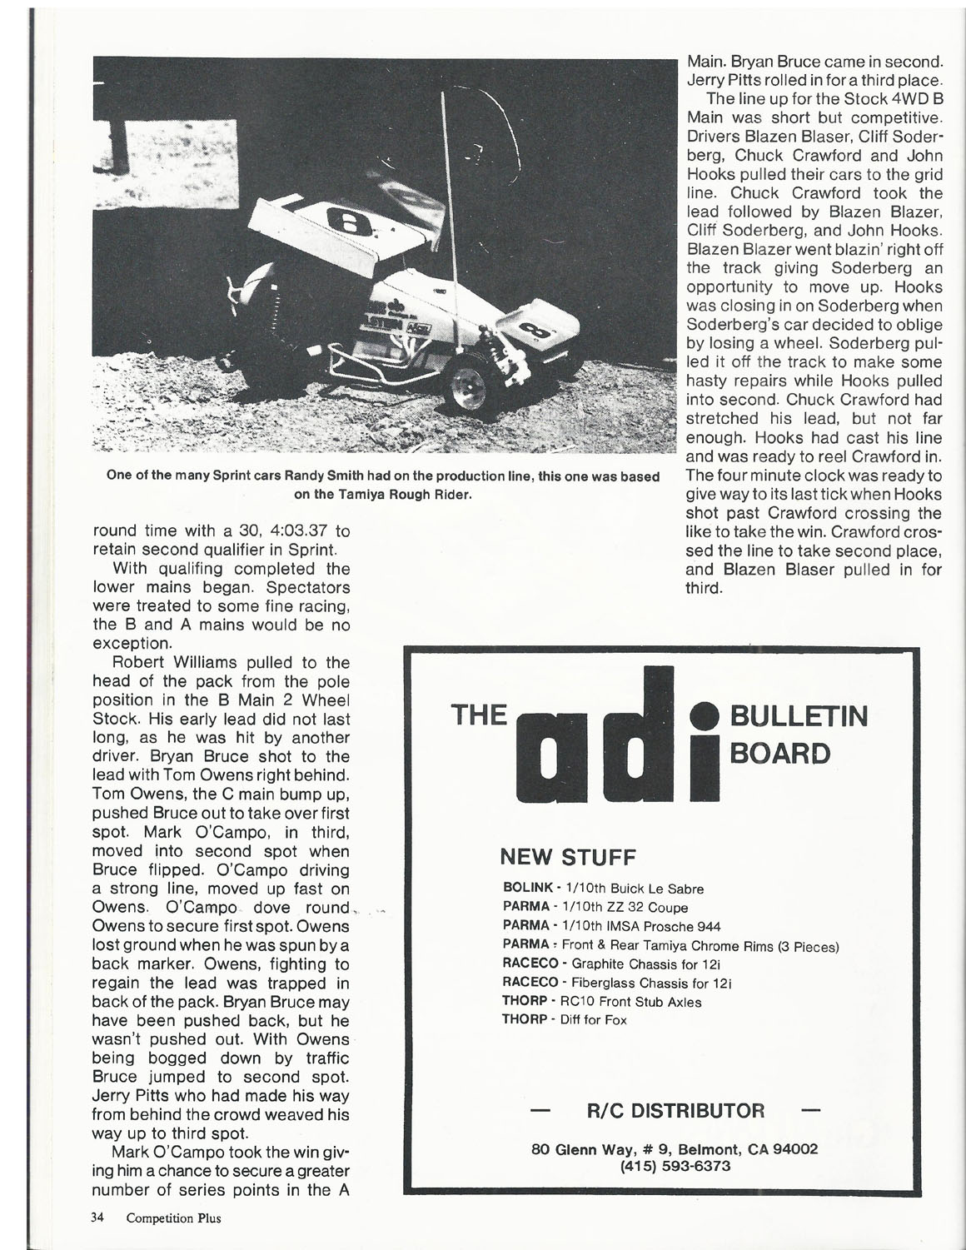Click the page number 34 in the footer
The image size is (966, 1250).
97,1218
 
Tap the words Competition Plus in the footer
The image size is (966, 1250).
174,1218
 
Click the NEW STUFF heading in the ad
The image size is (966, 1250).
567,857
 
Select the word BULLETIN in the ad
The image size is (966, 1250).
798,717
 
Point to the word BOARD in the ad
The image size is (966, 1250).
779,754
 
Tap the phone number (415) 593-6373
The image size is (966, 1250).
675,1166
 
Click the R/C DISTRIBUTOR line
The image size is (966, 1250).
675,1111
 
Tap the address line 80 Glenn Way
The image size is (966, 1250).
675,1148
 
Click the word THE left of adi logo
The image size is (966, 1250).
478,715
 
